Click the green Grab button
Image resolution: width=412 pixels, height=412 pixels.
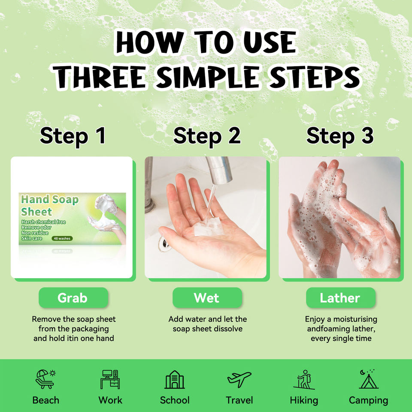click(73, 298)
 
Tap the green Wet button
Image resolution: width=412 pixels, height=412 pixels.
click(207, 298)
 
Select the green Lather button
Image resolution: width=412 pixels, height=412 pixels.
click(340, 298)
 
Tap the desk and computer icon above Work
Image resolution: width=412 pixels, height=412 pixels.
click(110, 379)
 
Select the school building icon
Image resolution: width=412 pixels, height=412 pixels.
click(175, 379)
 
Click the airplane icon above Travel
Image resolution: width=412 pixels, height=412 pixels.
click(239, 379)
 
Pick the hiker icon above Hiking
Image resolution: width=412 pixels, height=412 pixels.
click(304, 380)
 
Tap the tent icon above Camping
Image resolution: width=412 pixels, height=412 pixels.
click(369, 379)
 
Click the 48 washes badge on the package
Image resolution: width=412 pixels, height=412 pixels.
click(62, 238)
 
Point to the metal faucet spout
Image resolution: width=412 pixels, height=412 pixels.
click(219, 170)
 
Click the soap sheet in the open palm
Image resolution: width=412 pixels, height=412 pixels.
click(209, 228)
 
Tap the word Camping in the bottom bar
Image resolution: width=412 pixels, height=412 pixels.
click(368, 400)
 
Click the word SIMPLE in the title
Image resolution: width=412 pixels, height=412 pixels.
click(208, 77)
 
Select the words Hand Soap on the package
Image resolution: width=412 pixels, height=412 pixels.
click(50, 200)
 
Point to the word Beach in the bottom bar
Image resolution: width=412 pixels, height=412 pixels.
click(46, 400)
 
